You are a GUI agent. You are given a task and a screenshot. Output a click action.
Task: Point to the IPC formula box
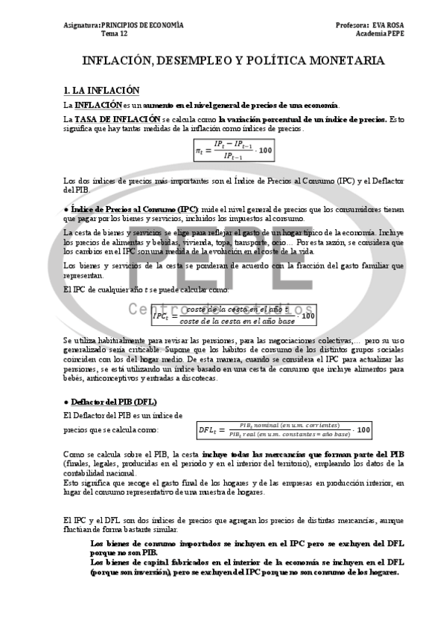[x=232, y=315]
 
